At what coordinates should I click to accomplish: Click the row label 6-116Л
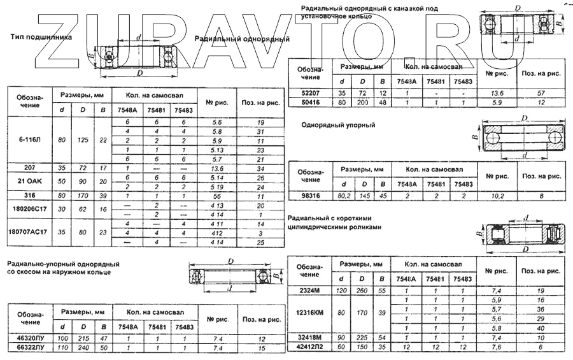pos(29,140)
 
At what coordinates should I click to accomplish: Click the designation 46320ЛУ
pos(30,339)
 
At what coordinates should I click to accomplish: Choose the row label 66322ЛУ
pos(30,348)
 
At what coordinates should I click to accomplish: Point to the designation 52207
pos(310,93)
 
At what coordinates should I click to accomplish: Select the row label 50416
pos(310,102)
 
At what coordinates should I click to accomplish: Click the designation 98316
pos(310,197)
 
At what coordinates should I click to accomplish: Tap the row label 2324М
pos(310,290)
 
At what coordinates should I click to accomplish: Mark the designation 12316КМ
pos(310,313)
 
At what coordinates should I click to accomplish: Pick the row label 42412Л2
pos(310,347)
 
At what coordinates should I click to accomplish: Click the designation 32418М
pos(310,337)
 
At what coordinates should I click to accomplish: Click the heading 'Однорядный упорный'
pos(338,126)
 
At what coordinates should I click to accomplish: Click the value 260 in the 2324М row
pos(362,290)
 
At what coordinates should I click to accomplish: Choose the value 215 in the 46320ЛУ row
pos(82,339)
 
